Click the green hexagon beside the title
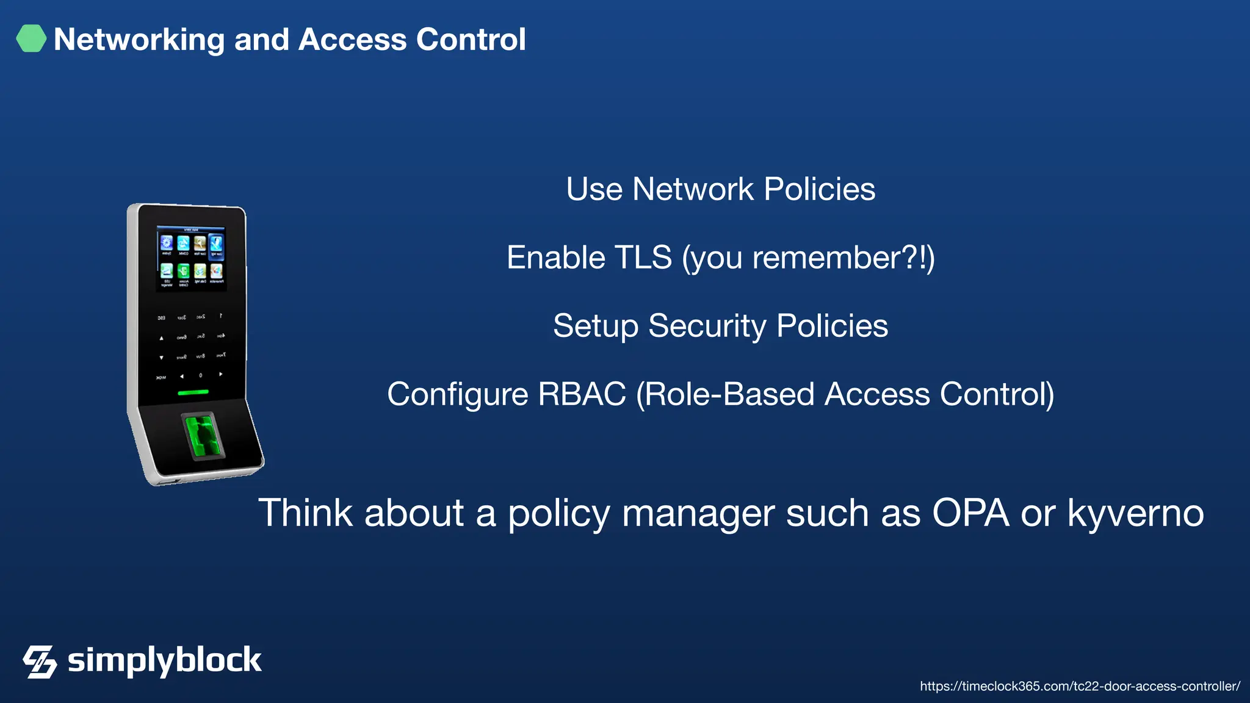coord(31,38)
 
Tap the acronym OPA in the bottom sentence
coord(970,513)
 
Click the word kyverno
coord(1135,514)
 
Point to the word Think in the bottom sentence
coord(305,513)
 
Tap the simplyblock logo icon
coord(40,662)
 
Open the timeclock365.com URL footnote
coord(1080,687)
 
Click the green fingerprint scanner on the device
coord(203,434)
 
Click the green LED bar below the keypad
coord(193,392)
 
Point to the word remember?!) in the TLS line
coord(843,258)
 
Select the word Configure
coord(457,394)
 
